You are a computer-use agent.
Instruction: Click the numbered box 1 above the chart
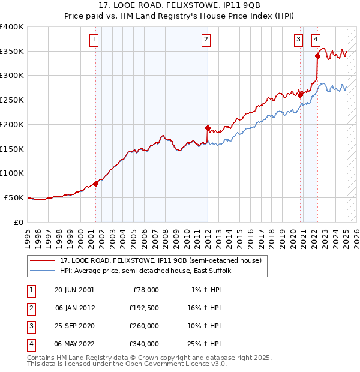pyautogui.click(x=95, y=40)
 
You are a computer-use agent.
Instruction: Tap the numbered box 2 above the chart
pyautogui.click(x=206, y=40)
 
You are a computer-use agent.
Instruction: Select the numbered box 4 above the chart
pyautogui.click(x=316, y=40)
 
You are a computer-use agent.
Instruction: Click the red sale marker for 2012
pyautogui.click(x=208, y=128)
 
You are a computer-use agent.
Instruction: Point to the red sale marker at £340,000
pyautogui.click(x=317, y=56)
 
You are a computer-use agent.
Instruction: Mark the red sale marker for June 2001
pyautogui.click(x=95, y=184)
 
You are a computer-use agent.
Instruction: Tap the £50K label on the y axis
pyautogui.click(x=13, y=197)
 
